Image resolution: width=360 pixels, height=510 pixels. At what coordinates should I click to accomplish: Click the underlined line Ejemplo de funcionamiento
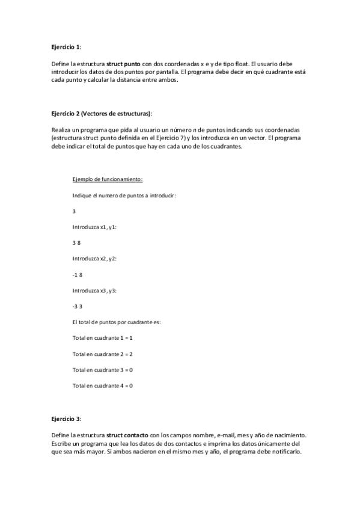(x=108, y=180)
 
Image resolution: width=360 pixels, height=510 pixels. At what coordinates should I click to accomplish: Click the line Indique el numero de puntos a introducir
(x=124, y=195)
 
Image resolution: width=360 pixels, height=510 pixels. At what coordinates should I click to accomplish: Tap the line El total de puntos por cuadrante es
(x=116, y=322)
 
